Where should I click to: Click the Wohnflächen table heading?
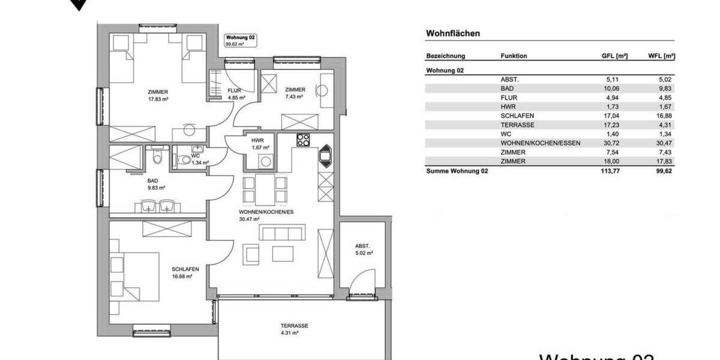coord(452,34)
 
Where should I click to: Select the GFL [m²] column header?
coord(614,56)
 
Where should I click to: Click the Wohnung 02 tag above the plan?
coord(240,40)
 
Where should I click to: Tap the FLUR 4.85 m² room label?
coord(234,93)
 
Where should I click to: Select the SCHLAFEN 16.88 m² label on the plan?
coord(185,273)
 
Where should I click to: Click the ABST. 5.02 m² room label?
coord(364,249)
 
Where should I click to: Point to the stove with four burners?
coord(304,140)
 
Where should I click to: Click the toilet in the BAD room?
coord(157,157)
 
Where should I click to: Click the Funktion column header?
coord(514,56)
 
